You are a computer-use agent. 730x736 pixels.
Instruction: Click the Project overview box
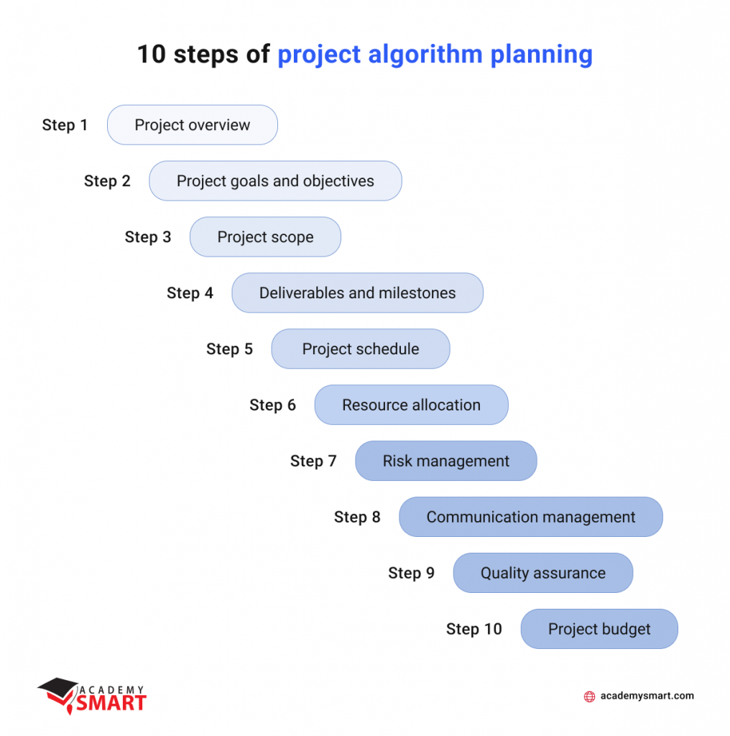point(192,125)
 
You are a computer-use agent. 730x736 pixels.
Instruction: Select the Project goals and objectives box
point(275,181)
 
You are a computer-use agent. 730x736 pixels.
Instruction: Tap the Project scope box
point(265,237)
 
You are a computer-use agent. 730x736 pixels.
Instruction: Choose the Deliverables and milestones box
point(357,293)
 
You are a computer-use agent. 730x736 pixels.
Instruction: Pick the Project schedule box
point(360,349)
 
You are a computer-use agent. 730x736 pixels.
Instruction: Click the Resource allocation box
point(411,405)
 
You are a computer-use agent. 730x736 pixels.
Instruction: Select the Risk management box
point(445,461)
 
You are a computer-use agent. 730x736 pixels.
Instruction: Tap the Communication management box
point(530,517)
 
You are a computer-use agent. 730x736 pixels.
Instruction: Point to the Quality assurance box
point(542,574)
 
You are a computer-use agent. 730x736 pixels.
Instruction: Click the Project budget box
point(599,630)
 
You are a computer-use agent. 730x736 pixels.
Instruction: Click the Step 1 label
point(65,125)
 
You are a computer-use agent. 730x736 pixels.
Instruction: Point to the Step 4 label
point(190,293)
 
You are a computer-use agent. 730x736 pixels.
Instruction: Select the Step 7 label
point(313,461)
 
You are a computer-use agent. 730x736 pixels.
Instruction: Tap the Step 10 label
point(473,630)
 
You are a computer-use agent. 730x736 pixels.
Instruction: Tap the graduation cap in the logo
point(57,689)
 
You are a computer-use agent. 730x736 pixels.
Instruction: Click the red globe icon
point(589,696)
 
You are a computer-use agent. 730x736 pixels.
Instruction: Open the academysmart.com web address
point(647,696)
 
